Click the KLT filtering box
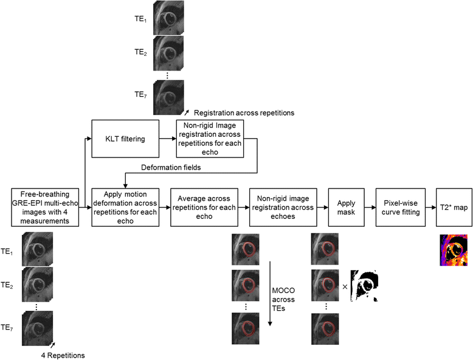click(124, 139)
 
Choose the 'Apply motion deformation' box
click(125, 207)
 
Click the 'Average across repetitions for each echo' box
click(203, 207)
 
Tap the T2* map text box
click(453, 207)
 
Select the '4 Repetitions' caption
click(62, 355)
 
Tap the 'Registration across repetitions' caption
click(243, 112)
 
